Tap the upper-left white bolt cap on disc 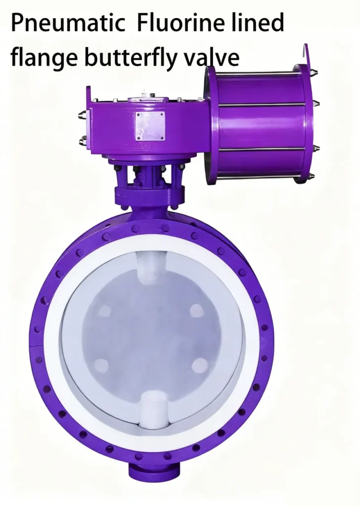pyautogui.click(x=105, y=311)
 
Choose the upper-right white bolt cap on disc pyautogui.click(x=197, y=310)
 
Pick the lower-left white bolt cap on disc pyautogui.click(x=101, y=366)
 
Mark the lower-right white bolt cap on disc pyautogui.click(x=200, y=366)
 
